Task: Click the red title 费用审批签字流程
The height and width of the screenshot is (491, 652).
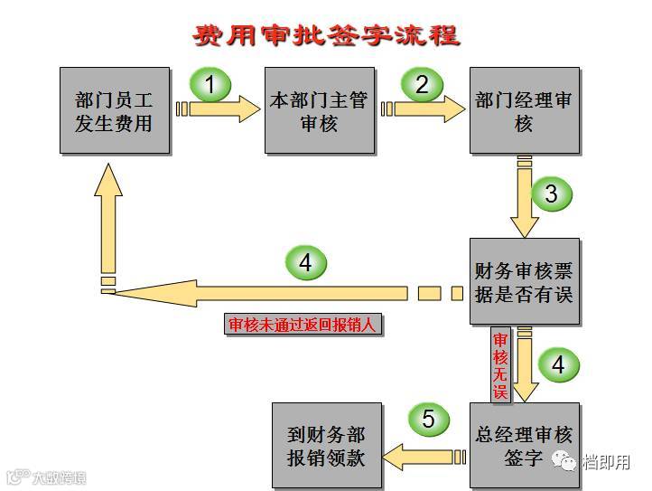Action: click(x=327, y=35)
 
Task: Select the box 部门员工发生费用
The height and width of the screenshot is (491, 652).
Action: click(x=114, y=110)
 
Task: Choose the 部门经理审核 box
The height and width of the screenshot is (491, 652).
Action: click(x=523, y=110)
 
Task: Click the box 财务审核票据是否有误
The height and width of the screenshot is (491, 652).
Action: click(x=523, y=282)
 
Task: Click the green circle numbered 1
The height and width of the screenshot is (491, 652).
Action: click(x=210, y=86)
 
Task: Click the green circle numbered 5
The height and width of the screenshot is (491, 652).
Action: click(x=428, y=420)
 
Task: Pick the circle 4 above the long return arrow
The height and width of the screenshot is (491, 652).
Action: click(x=305, y=263)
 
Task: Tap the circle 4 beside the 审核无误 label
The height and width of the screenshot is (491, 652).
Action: click(x=558, y=364)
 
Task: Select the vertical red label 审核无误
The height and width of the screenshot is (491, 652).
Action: click(x=500, y=365)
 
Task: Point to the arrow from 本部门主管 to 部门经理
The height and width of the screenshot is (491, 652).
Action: click(x=424, y=109)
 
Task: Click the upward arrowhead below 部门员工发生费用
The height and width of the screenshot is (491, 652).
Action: click(x=108, y=192)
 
